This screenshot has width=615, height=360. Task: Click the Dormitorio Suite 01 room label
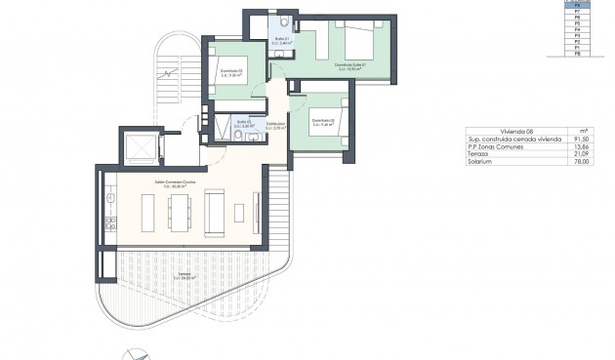[348, 66]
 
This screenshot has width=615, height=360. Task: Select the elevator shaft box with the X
[139, 147]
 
